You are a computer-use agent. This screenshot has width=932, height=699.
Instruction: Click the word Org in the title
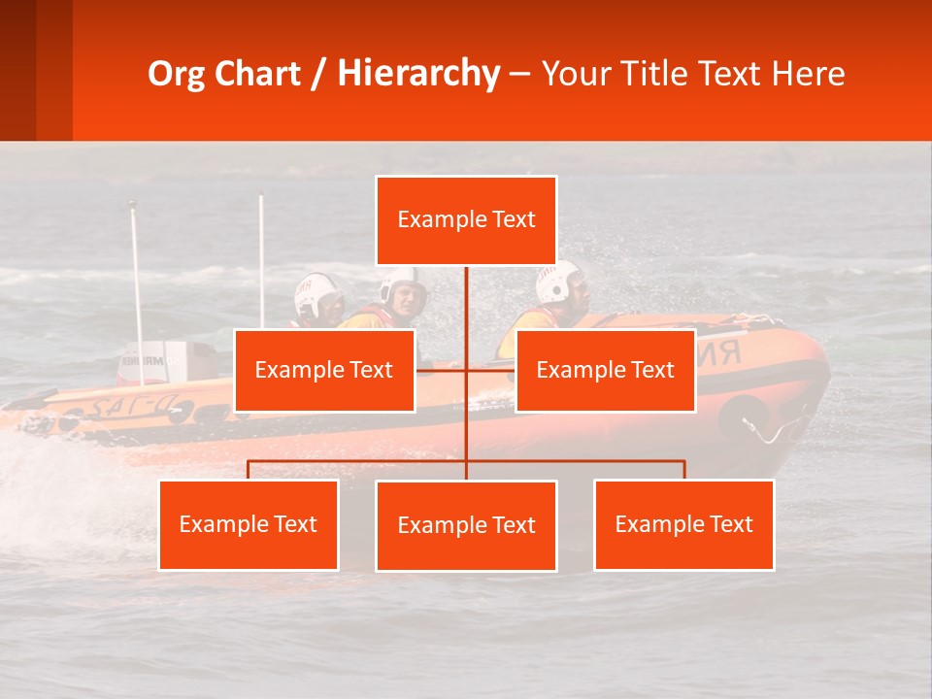[x=178, y=74]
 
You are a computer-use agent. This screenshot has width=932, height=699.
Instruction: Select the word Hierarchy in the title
[x=418, y=74]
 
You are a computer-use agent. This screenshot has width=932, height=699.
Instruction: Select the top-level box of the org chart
[x=466, y=220]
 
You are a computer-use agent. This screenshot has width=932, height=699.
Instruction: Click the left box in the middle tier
[x=324, y=370]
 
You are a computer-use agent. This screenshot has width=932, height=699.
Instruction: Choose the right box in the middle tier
[x=605, y=370]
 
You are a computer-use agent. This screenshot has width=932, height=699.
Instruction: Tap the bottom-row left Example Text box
[x=249, y=524]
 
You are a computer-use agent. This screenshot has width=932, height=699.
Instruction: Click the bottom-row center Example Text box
[x=466, y=525]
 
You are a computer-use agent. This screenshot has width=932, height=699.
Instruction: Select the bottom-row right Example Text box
[x=683, y=524]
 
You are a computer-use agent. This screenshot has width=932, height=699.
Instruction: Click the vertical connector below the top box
[x=466, y=301]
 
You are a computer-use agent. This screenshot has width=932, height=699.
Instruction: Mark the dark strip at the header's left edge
[x=18, y=70]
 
